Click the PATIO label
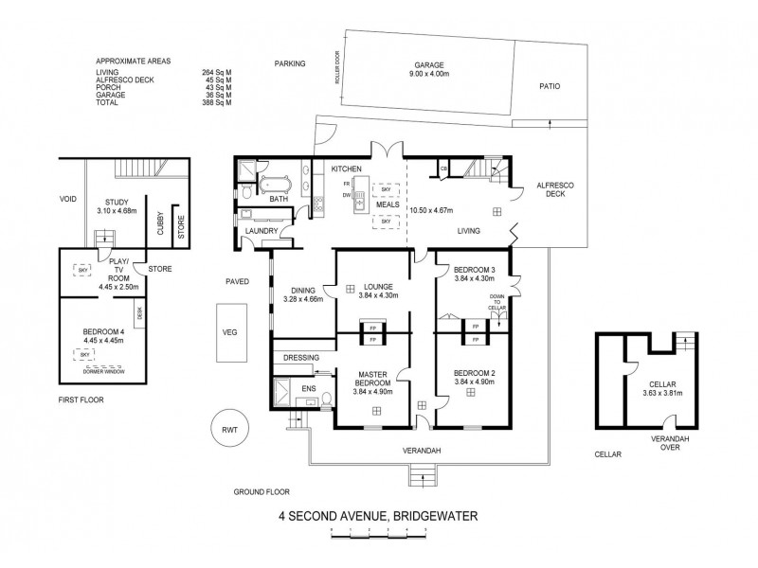tap(550, 85)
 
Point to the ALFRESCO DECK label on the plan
tap(550, 188)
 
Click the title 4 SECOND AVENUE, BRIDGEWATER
tap(378, 517)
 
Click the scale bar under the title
tap(378, 535)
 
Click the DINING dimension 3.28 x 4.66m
tap(303, 300)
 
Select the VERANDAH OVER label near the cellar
tap(668, 445)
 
